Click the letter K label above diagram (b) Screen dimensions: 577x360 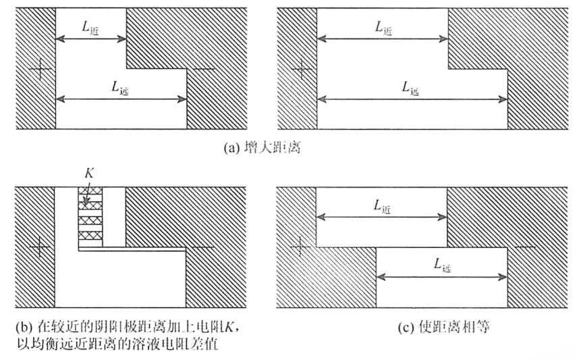tap(89, 173)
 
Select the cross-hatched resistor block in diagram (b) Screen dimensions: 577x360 tap(90, 217)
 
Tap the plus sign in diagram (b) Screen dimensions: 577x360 tap(39, 247)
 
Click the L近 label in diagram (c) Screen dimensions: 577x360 tap(382, 207)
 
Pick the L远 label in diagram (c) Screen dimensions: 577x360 tap(442, 265)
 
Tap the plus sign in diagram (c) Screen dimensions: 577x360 tap(300, 246)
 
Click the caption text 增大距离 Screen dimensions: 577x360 tap(273, 148)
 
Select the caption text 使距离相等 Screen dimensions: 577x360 tap(454, 327)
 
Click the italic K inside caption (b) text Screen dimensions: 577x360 tap(229, 327)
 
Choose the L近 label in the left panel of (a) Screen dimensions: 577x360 tap(90, 28)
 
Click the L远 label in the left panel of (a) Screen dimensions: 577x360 tap(120, 88)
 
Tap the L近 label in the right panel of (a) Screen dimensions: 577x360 tap(383, 28)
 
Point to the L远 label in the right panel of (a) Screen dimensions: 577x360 tap(410, 88)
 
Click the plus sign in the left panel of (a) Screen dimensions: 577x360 tap(40, 69)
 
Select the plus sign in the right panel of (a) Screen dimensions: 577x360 tap(302, 69)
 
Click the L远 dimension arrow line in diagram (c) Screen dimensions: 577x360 tap(441, 277)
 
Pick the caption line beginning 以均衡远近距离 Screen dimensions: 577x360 tap(117, 344)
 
